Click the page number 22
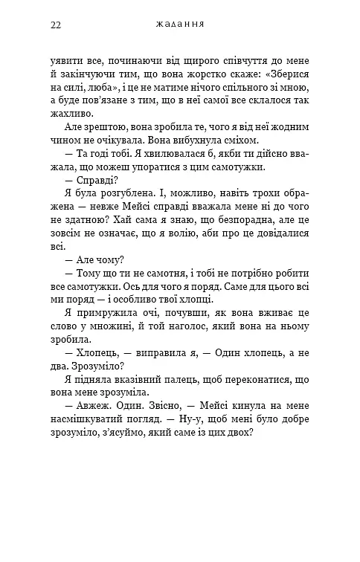point(56,25)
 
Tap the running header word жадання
point(180,25)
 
